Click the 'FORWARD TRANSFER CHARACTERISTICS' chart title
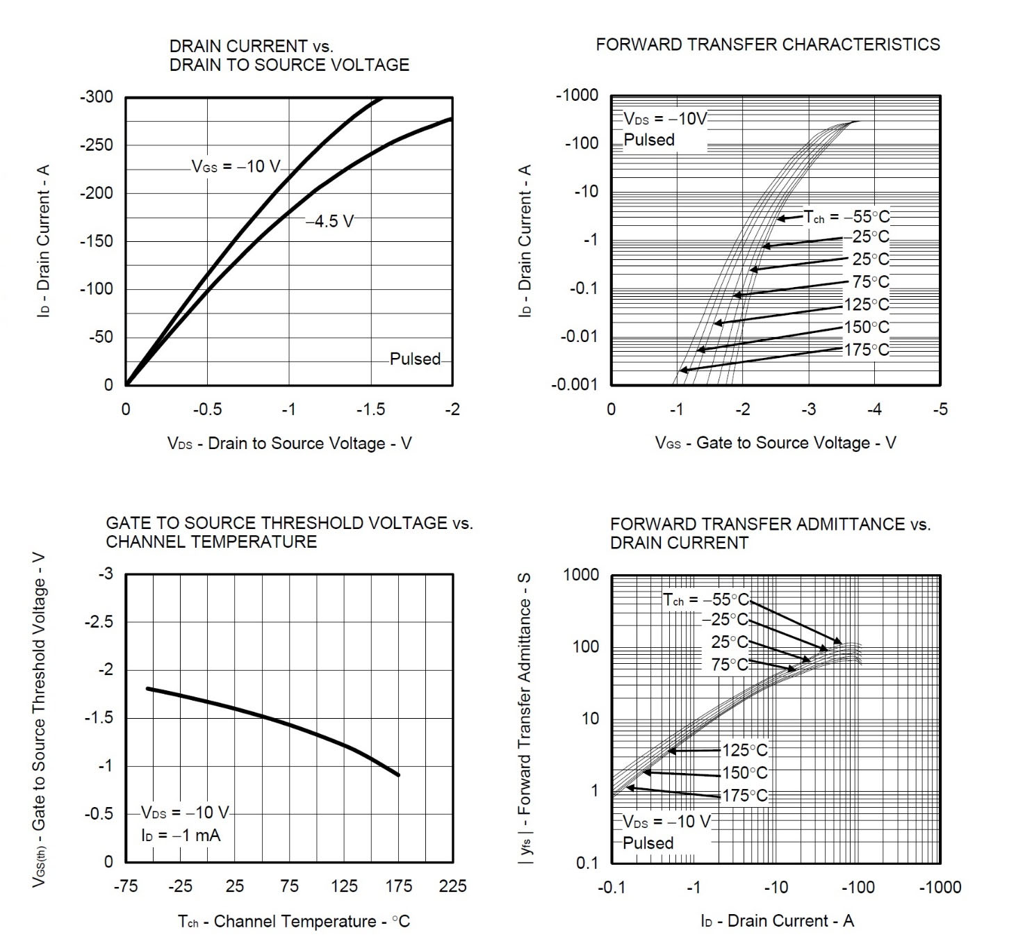click(767, 44)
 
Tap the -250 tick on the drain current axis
click(96, 145)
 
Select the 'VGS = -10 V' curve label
click(236, 167)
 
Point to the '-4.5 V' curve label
click(330, 221)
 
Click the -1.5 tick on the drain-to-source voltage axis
click(370, 409)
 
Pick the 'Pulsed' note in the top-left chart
click(415, 359)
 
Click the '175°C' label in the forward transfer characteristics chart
click(867, 350)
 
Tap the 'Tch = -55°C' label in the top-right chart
click(846, 217)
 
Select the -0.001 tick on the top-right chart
click(574, 385)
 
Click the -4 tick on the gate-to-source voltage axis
click(874, 409)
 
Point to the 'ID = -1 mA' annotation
click(181, 835)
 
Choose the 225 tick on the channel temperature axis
click(452, 886)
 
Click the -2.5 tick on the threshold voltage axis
click(99, 622)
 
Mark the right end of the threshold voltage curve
click(399, 775)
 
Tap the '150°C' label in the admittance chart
click(745, 773)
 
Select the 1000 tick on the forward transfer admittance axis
click(581, 575)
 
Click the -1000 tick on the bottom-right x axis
click(940, 888)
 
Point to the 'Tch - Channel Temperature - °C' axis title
click(294, 922)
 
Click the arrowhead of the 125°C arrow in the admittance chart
click(669, 751)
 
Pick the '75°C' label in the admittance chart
click(729, 665)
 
